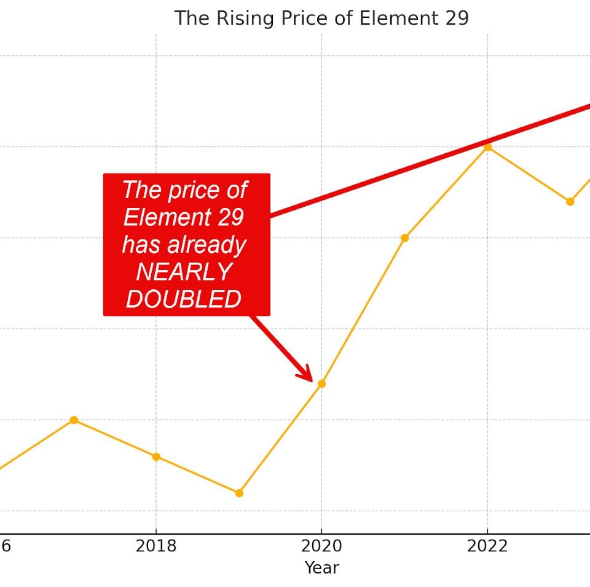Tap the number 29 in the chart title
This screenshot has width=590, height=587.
click(x=455, y=18)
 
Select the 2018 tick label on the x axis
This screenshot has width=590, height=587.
click(x=156, y=546)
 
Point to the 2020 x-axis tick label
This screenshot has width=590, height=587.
click(x=321, y=546)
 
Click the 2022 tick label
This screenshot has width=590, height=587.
click(x=487, y=546)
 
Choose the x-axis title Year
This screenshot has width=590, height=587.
click(x=321, y=567)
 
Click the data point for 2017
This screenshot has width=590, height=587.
click(x=74, y=420)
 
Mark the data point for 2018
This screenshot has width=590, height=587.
click(x=156, y=457)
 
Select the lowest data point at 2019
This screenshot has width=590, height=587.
click(x=239, y=493)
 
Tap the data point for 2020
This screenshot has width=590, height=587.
click(x=321, y=384)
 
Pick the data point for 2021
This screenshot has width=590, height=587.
click(x=404, y=238)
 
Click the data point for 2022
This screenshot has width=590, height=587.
click(x=487, y=147)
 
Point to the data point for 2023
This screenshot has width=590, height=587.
click(x=570, y=201)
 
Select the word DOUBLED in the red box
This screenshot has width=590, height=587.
click(x=184, y=299)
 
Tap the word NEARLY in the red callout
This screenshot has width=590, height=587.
click(x=184, y=272)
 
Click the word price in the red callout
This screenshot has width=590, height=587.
click(x=185, y=191)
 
